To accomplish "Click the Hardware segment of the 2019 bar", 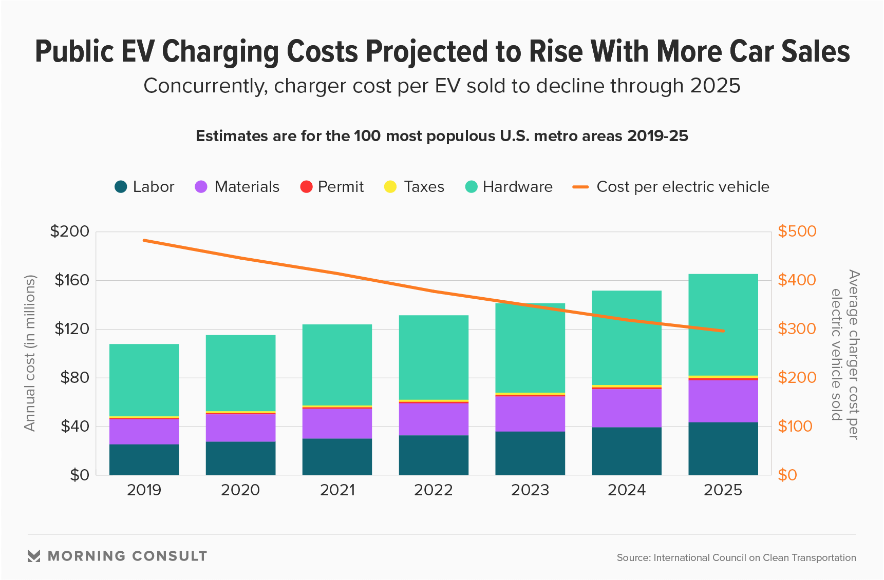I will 144,380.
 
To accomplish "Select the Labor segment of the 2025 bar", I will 723,449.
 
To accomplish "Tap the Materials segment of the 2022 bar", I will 434,419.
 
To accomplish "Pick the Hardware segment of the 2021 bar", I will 337,364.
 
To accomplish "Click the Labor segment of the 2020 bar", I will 240,458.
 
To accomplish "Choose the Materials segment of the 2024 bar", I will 627,408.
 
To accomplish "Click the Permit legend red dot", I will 306,187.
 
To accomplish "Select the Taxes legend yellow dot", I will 390,187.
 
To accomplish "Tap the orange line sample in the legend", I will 580,187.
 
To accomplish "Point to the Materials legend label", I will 247,187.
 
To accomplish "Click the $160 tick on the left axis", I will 72,280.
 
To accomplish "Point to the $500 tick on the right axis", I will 797,231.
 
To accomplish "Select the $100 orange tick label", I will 795,426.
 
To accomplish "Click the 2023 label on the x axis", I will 530,490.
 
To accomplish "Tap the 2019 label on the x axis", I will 144,490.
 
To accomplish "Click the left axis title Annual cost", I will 30,353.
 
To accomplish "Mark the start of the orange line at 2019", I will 144,240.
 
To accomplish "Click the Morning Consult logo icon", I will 34,556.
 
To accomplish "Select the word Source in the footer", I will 633,558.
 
